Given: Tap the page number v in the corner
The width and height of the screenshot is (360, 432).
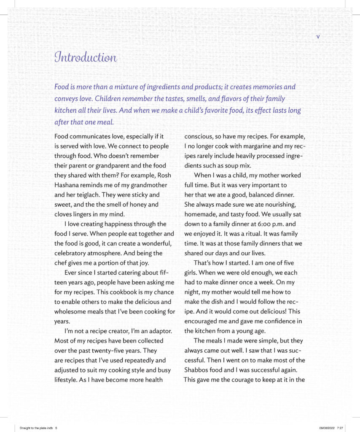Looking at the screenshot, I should [x=318, y=37].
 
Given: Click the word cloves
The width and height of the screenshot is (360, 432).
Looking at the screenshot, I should [x=64, y=214].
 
